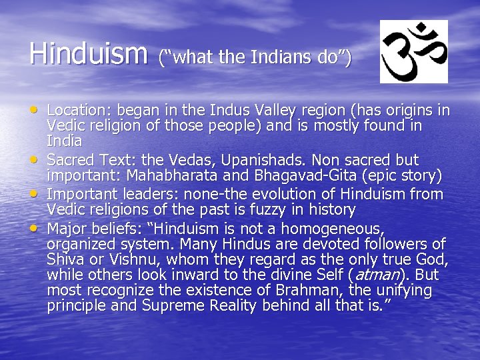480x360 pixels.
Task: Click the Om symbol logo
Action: tap(413, 51)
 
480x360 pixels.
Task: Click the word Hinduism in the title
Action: tap(88, 53)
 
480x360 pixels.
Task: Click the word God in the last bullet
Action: tap(433, 259)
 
